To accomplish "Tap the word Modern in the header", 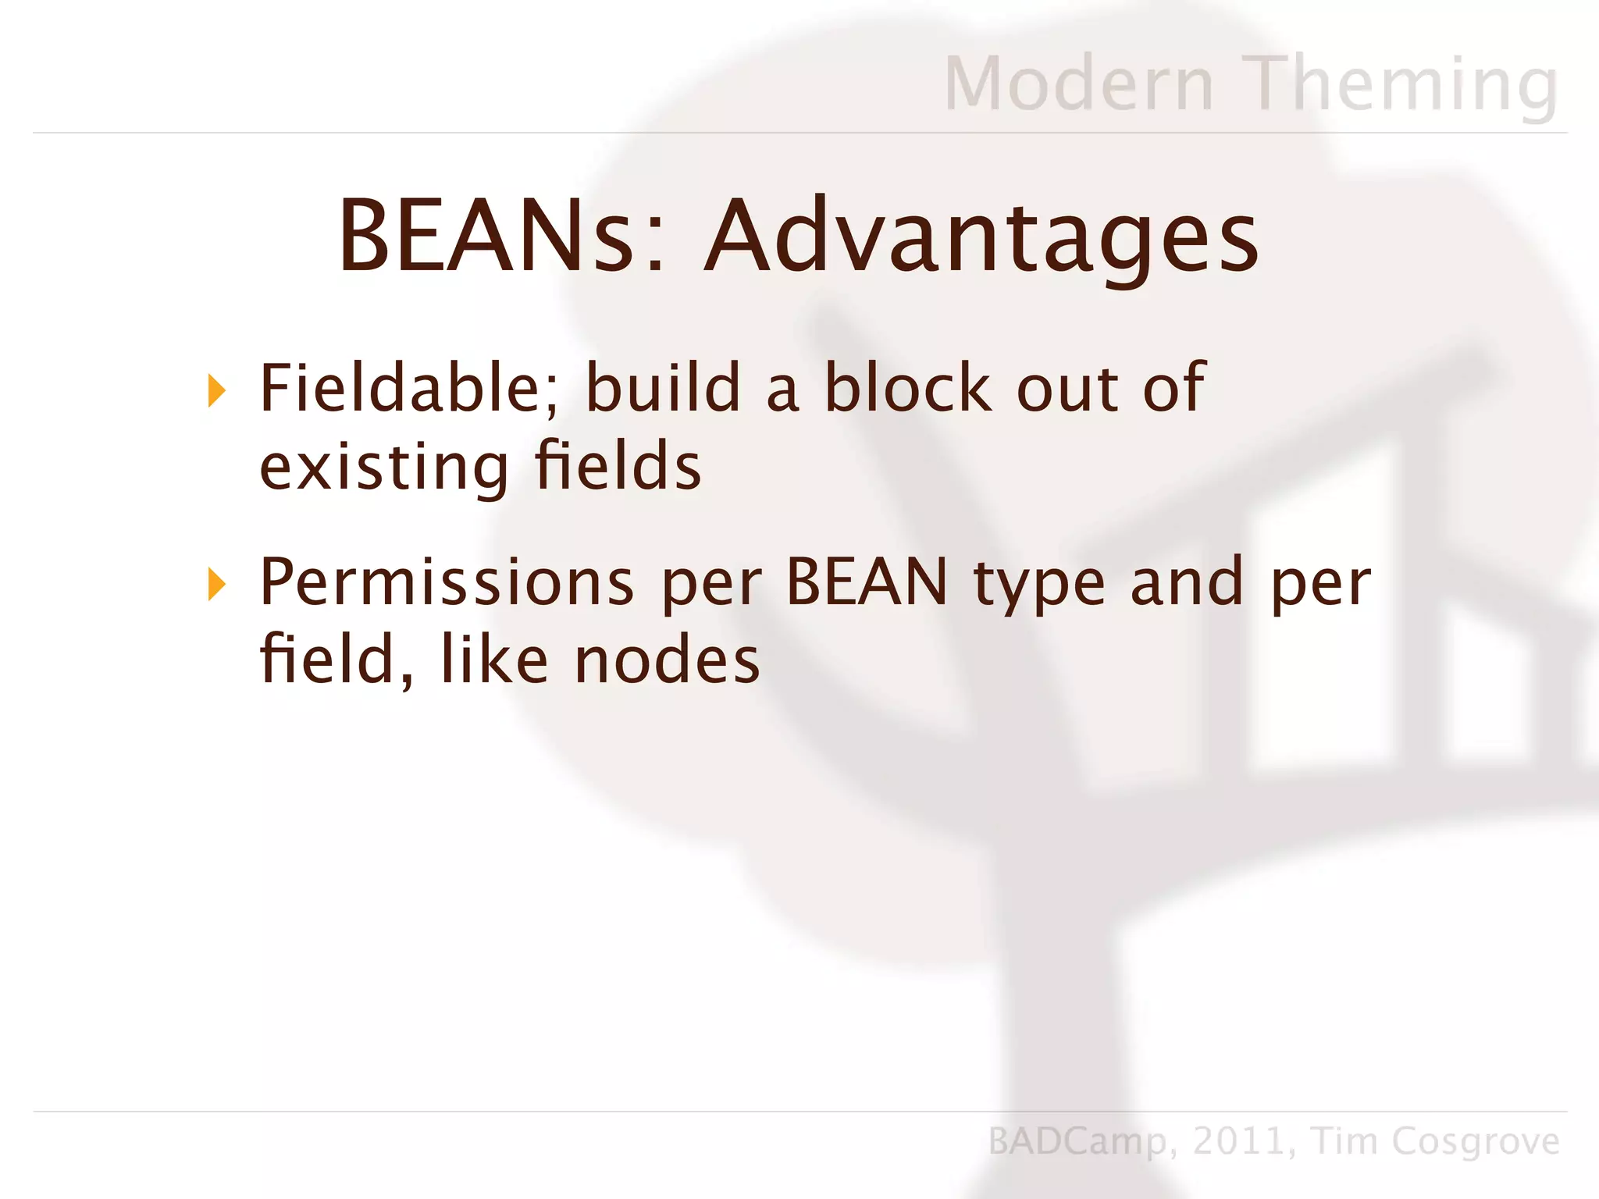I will tap(1080, 84).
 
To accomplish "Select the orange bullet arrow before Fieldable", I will tap(217, 390).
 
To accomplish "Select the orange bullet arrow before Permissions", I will tap(217, 584).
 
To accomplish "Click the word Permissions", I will tap(447, 582).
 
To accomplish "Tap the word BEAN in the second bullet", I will tap(867, 582).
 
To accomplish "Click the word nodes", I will tap(667, 660).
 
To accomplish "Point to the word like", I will tap(495, 659).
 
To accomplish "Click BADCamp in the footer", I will tap(1077, 1142).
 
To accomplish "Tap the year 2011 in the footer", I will tap(1238, 1141).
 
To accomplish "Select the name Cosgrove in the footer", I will tap(1476, 1142).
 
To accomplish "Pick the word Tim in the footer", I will tap(1344, 1140).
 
